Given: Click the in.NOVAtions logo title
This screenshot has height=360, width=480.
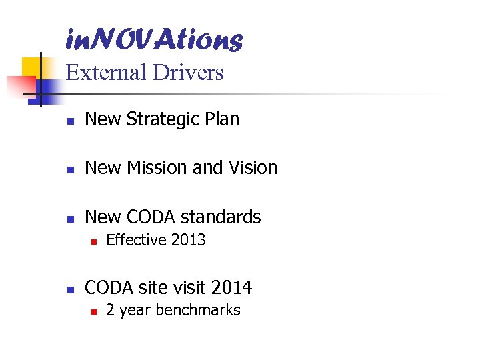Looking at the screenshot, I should click(x=154, y=40).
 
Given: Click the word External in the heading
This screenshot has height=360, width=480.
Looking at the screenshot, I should click(x=106, y=72).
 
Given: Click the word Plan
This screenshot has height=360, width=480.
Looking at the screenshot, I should click(x=223, y=119).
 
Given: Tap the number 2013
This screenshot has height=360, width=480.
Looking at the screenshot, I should click(x=189, y=240).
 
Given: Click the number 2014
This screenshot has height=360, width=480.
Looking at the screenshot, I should click(x=231, y=288).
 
